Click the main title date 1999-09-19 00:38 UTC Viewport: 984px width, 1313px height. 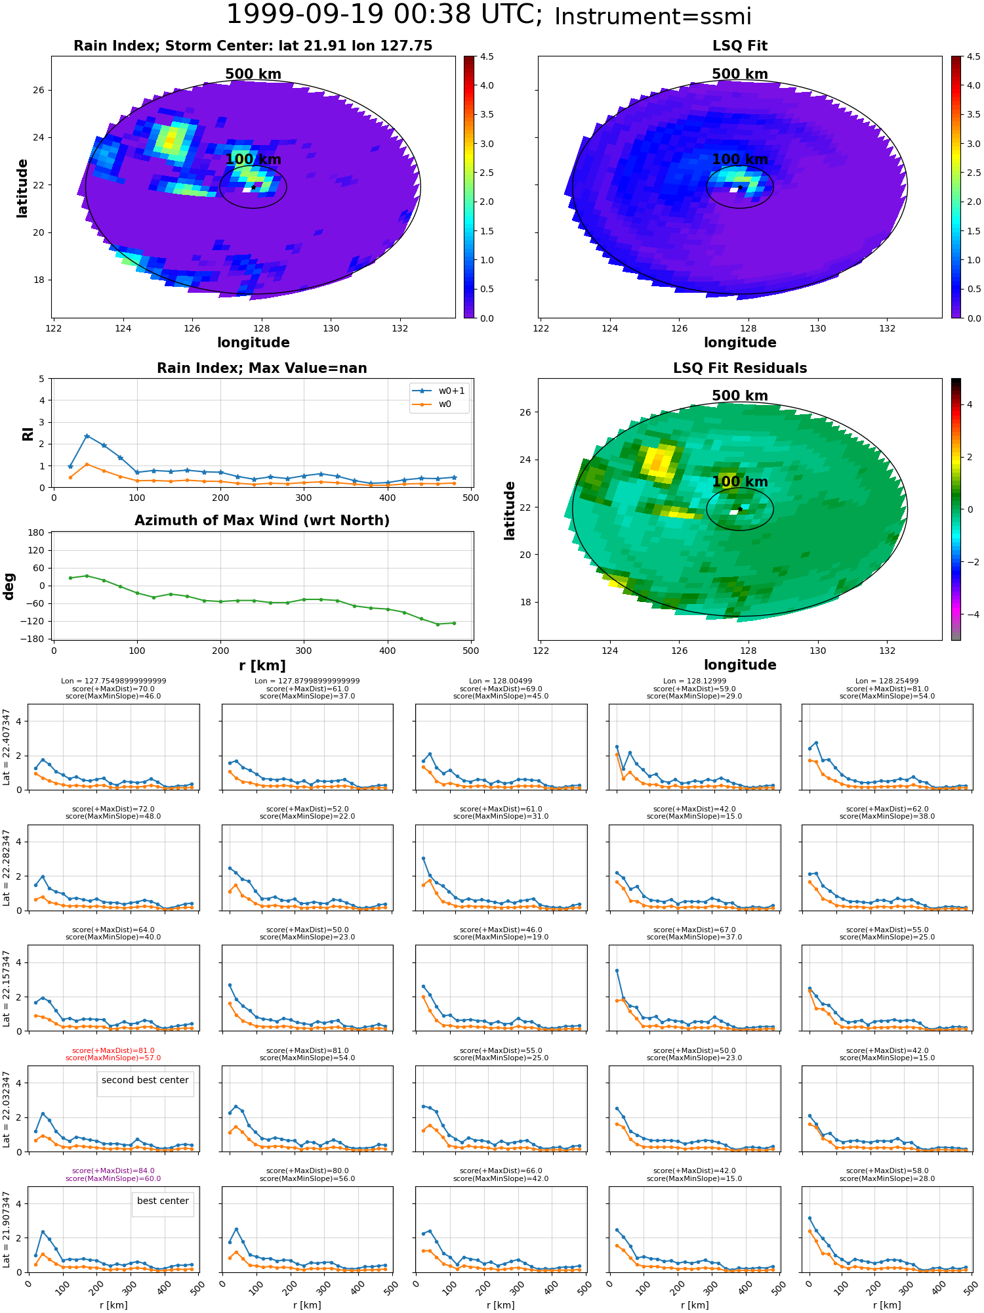point(384,15)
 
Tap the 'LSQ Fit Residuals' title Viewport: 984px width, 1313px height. point(740,368)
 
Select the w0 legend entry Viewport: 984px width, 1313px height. point(432,404)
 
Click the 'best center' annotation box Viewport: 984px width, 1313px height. point(163,1201)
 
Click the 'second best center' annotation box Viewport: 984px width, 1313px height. point(145,1080)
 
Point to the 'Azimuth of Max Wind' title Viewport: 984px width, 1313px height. point(262,521)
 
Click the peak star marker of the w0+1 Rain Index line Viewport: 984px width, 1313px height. point(87,436)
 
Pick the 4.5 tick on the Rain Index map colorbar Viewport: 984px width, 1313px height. point(487,56)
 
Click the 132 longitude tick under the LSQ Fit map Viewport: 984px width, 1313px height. point(887,328)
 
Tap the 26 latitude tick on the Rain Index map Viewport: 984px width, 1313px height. point(39,90)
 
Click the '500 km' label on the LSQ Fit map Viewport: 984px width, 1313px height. point(740,74)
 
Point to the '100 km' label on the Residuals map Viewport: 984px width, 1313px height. point(740,482)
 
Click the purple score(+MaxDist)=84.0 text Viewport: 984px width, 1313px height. point(113,1171)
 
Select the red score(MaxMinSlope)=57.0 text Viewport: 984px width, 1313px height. point(113,1058)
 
